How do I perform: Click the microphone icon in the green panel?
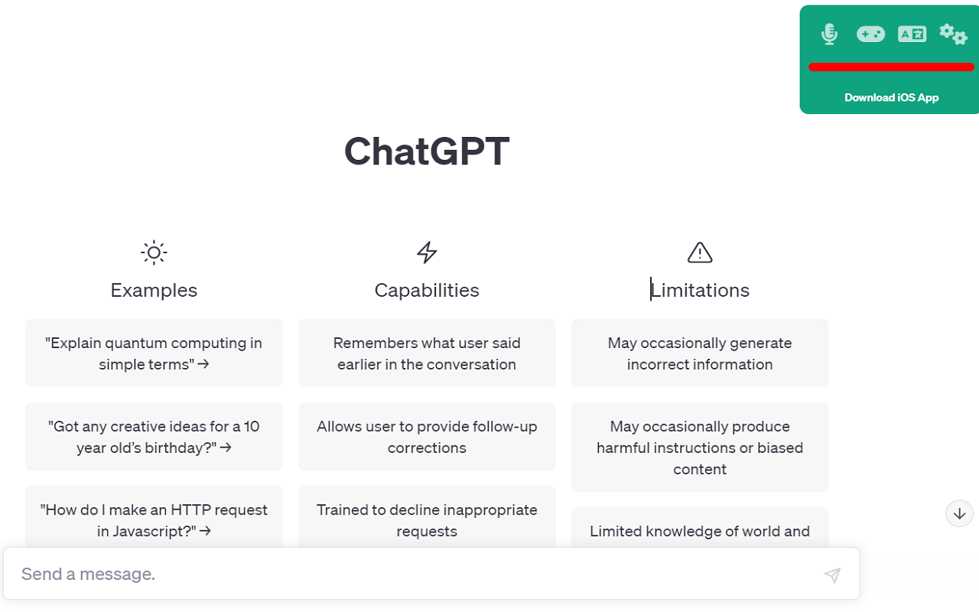point(829,34)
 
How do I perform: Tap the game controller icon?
point(870,34)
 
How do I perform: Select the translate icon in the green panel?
point(912,34)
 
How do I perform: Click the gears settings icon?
point(953,34)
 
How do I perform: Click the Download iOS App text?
point(891,97)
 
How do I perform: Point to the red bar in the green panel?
point(891,67)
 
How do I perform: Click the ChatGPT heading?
point(427,151)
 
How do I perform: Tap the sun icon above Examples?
point(154,252)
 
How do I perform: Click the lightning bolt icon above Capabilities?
point(427,252)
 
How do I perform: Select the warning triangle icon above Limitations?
point(700,252)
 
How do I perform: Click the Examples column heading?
point(154,290)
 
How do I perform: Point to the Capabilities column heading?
point(427,290)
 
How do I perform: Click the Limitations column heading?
point(700,290)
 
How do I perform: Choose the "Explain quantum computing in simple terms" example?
point(154,353)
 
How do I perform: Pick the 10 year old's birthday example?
point(154,437)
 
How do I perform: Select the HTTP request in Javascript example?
point(154,519)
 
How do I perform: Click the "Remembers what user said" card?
point(427,353)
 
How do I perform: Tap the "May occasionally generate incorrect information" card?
point(700,353)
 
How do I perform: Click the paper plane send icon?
point(832,575)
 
